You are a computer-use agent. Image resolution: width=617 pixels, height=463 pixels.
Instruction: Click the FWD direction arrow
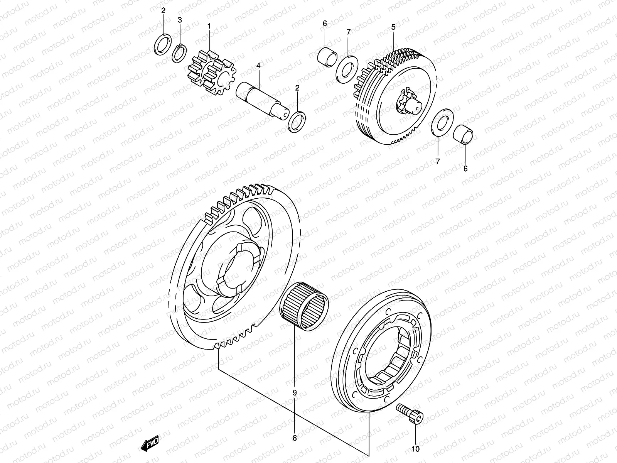150,445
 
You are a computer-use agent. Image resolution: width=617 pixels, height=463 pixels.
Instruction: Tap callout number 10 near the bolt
416,449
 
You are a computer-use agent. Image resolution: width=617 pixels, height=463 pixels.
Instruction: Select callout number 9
294,393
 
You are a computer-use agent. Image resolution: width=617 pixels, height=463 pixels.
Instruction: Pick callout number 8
294,438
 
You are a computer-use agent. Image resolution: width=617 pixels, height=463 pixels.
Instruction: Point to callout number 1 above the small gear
209,26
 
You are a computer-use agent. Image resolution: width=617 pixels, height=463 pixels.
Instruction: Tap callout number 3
180,20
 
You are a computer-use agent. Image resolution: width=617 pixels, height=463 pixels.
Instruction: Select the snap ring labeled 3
179,53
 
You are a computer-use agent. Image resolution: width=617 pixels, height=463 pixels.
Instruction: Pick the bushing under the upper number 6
327,56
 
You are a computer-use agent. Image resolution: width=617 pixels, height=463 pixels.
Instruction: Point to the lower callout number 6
465,169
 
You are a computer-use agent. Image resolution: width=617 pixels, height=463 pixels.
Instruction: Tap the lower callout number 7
437,162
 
